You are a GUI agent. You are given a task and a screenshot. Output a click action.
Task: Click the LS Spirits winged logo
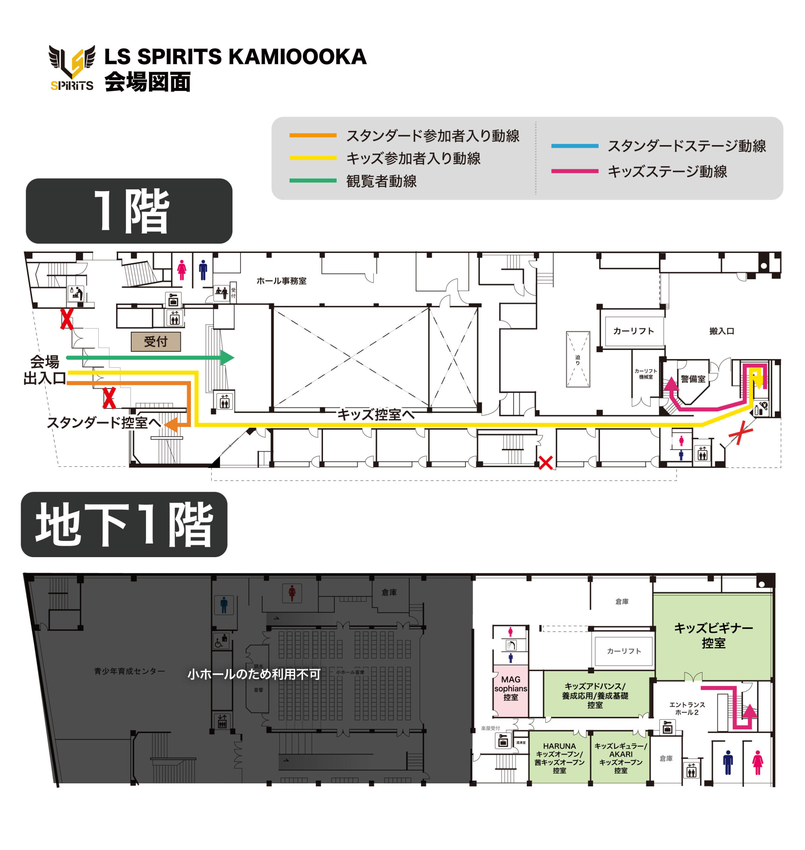[72, 68]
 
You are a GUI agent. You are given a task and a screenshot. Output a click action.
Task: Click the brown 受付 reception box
[156, 342]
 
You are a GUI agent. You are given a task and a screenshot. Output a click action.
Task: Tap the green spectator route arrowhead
[227, 358]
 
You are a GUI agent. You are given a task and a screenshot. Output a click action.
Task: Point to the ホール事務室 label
[282, 281]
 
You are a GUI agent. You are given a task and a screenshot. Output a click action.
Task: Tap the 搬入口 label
[722, 331]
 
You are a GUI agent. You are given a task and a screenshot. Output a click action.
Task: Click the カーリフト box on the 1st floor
[633, 331]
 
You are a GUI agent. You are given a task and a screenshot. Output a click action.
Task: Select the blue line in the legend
[575, 146]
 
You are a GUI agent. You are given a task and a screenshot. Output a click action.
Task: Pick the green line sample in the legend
[313, 181]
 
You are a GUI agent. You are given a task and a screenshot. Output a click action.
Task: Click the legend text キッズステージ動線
[667, 172]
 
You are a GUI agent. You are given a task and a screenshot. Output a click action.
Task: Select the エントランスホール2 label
[687, 708]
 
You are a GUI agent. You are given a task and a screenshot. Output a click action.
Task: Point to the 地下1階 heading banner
[124, 525]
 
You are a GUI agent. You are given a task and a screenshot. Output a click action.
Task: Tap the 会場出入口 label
[44, 370]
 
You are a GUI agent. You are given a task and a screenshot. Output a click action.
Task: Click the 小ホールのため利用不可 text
[254, 674]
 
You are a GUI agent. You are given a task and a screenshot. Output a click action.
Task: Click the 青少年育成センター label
[129, 671]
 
